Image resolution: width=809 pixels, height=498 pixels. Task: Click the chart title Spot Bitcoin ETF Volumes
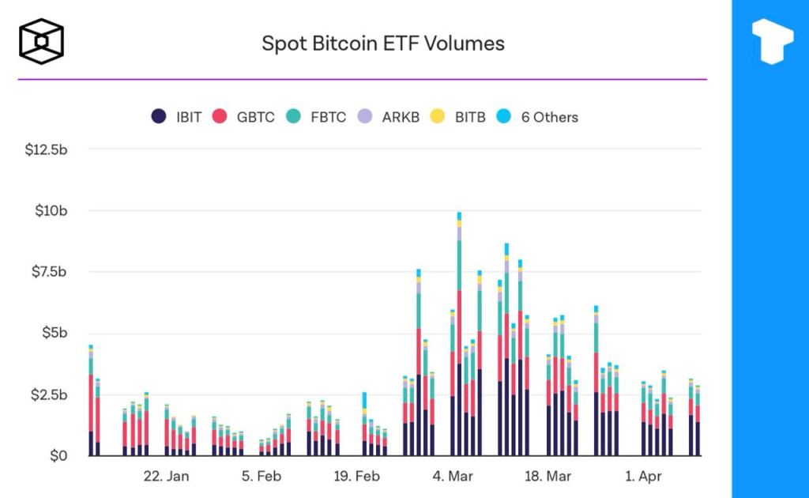383,43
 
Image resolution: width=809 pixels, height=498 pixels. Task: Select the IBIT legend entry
178,117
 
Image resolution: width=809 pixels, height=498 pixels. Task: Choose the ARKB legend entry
389,117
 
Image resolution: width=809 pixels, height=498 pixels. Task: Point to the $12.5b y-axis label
47,149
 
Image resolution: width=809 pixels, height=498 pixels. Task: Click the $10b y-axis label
53,210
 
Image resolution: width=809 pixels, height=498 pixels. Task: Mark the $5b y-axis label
56,333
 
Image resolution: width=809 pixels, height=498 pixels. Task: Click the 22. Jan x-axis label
167,476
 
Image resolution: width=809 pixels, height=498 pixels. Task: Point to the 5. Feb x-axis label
262,476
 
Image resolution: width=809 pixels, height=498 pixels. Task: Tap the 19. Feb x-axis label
356,476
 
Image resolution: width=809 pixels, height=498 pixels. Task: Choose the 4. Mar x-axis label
451,476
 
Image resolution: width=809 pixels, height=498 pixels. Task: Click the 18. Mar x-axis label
547,476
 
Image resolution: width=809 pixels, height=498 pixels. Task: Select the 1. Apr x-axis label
643,476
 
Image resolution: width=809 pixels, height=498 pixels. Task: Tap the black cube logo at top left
42,40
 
